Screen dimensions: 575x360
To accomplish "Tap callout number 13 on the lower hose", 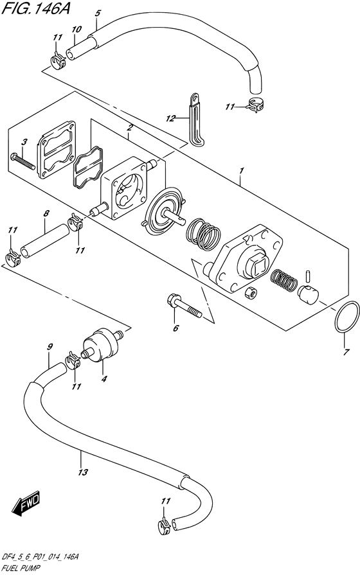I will tap(82, 472).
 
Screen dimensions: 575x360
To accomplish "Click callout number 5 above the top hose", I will tap(98, 13).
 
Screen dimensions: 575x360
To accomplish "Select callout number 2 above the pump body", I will tap(130, 128).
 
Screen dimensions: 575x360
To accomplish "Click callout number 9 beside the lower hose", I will tap(49, 348).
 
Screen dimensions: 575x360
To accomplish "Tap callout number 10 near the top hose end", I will tap(76, 29).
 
